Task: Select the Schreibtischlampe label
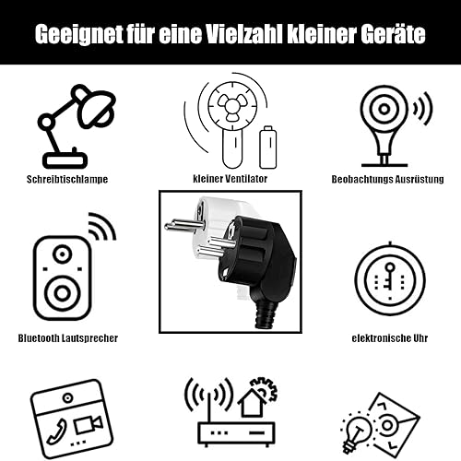tap(67, 180)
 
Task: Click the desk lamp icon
tap(77, 126)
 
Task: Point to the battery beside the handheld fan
tap(268, 148)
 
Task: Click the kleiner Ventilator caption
tap(230, 179)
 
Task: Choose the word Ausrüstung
tap(420, 179)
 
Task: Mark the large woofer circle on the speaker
tap(63, 293)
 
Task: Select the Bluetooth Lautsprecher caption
tap(68, 338)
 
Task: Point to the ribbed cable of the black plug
tap(265, 315)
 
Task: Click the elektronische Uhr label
tap(390, 338)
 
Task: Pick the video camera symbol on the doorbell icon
tap(88, 424)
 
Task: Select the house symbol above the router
tap(252, 402)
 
